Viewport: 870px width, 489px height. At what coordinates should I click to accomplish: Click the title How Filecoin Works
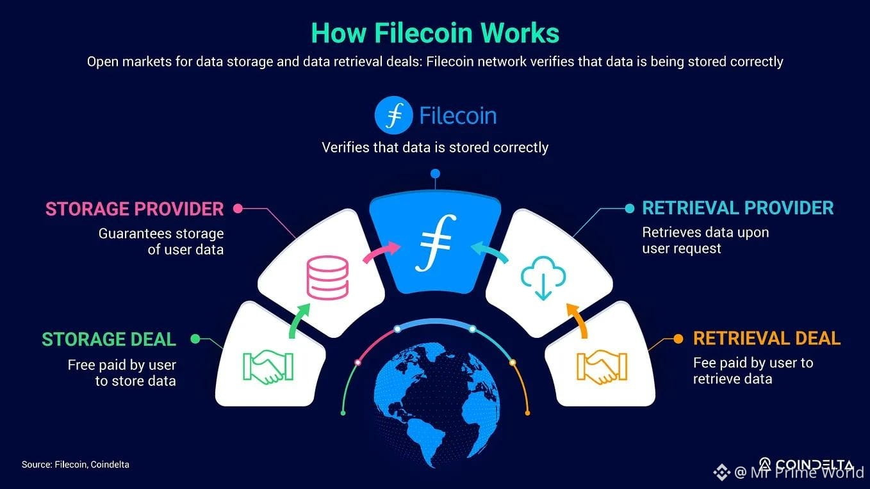[x=435, y=33]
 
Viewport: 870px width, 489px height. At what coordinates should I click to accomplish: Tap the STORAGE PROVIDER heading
[x=135, y=209]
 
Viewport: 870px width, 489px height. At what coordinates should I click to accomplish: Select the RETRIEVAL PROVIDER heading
[x=738, y=208]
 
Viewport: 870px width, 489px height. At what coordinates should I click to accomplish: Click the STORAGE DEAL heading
[x=109, y=339]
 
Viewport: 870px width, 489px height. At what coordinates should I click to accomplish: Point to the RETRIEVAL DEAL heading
[x=767, y=339]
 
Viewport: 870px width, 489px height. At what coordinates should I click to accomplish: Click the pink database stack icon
[x=327, y=278]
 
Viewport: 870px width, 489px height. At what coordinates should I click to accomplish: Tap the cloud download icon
[x=543, y=278]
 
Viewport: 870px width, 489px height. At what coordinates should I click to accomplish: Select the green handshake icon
[x=268, y=367]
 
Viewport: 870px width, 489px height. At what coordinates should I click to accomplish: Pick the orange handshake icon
[x=602, y=367]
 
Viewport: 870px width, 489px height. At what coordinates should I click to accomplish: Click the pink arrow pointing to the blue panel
[x=381, y=252]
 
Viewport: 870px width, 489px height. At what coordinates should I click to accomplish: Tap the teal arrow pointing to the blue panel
[x=490, y=252]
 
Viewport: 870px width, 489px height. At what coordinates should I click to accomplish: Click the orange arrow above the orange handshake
[x=579, y=321]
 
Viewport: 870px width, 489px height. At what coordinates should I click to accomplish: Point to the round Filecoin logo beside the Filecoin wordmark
[x=393, y=115]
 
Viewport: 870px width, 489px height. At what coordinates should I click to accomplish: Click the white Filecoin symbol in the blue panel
[x=436, y=243]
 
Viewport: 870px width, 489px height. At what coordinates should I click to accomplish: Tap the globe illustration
[x=436, y=406]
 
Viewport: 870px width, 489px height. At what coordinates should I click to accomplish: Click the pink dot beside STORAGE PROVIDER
[x=238, y=209]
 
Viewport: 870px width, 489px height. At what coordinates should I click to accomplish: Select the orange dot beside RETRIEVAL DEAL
[x=678, y=339]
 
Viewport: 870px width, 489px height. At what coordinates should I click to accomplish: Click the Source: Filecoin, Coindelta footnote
[x=76, y=465]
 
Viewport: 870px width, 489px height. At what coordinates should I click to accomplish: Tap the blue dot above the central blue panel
[x=436, y=173]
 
